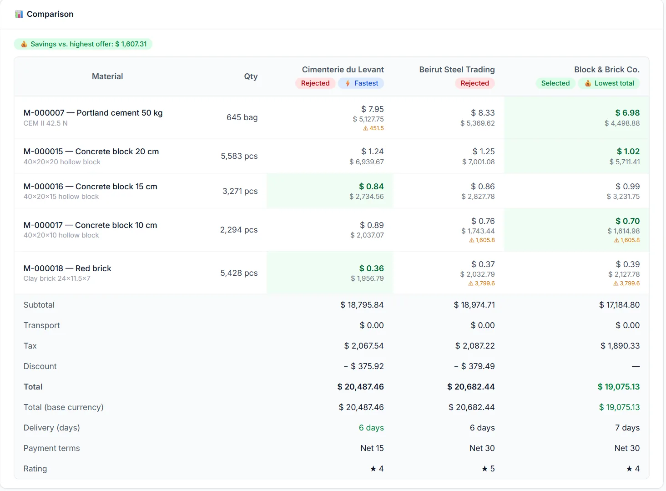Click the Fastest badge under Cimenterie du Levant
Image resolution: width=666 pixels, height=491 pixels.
(361, 83)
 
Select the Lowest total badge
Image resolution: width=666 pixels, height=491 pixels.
(609, 83)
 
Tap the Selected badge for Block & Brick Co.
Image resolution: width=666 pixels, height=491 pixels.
(555, 83)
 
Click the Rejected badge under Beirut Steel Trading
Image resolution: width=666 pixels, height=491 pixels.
(474, 83)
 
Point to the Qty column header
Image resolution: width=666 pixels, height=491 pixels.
(251, 76)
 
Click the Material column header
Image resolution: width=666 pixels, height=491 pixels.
(107, 76)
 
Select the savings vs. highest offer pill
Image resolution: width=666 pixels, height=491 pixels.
(83, 44)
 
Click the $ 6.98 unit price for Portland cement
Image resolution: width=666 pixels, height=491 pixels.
(627, 113)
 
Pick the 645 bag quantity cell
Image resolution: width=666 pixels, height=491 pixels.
(242, 117)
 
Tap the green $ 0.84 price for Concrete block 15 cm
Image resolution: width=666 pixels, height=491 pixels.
(371, 187)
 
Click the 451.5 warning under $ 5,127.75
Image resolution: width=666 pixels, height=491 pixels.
(373, 128)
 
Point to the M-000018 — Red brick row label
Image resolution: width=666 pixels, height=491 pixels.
(67, 268)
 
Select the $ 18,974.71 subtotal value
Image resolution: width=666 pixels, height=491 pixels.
(474, 305)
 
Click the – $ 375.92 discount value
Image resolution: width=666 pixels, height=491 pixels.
(363, 366)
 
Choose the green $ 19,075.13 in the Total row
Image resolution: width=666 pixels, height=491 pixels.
(618, 387)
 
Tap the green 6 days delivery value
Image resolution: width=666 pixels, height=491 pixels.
(371, 428)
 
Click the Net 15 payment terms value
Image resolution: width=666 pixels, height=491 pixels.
(372, 448)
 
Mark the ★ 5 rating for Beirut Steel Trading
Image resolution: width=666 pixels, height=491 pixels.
(488, 469)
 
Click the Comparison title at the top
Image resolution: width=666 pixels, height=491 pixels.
(50, 14)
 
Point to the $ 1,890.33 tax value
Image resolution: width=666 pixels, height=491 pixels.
(620, 345)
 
